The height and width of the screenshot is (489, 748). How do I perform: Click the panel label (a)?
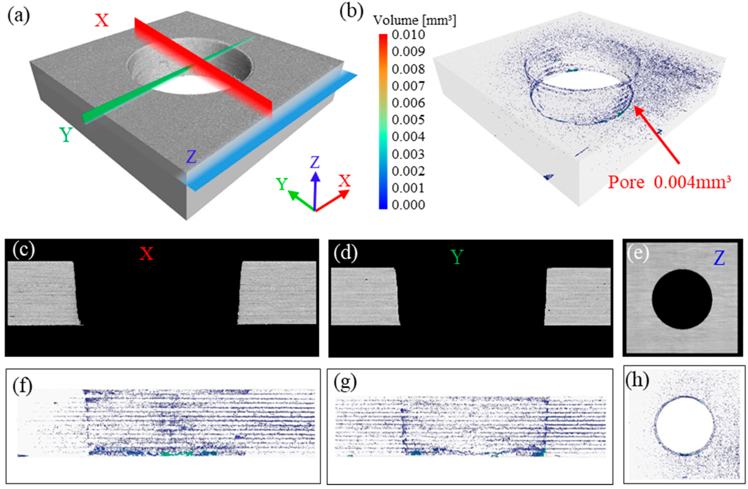pyautogui.click(x=19, y=16)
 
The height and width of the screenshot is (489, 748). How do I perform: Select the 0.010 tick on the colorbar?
pyautogui.click(x=408, y=35)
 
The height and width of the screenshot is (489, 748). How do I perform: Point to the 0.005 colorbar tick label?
pyautogui.click(x=408, y=120)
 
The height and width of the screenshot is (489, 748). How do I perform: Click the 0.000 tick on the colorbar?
pyautogui.click(x=408, y=205)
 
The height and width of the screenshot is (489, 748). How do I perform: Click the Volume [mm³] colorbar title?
pyautogui.click(x=415, y=21)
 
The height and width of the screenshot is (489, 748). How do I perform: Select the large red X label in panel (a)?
pyautogui.click(x=102, y=21)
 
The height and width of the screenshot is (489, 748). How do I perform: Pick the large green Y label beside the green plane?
pyautogui.click(x=66, y=135)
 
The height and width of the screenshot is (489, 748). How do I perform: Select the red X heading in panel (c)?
pyautogui.click(x=146, y=254)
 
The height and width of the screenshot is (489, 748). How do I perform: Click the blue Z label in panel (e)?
pyautogui.click(x=719, y=258)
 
